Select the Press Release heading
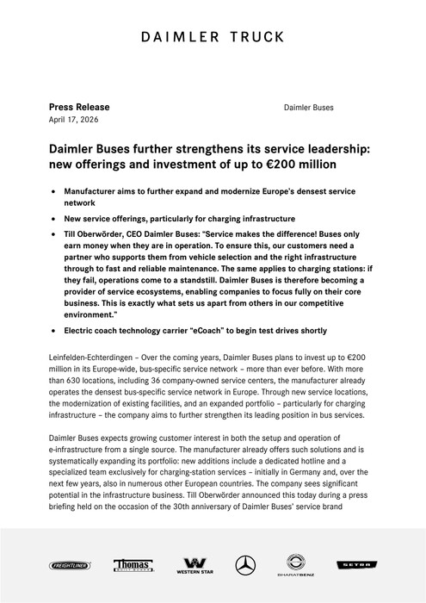point(79,107)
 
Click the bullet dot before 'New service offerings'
point(56,219)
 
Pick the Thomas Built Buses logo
point(133,565)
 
